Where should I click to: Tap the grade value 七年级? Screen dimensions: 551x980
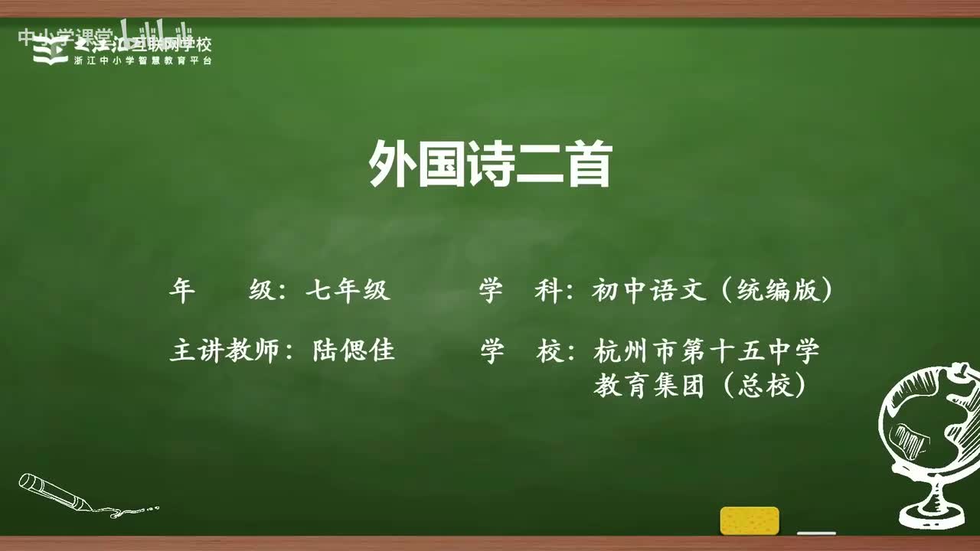pos(348,291)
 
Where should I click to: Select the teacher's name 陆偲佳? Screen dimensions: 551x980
pos(353,351)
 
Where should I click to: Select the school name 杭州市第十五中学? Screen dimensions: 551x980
pos(706,351)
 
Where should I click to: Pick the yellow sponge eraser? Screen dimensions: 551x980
pos(750,520)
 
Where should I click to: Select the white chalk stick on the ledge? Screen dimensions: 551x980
pos(816,532)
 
